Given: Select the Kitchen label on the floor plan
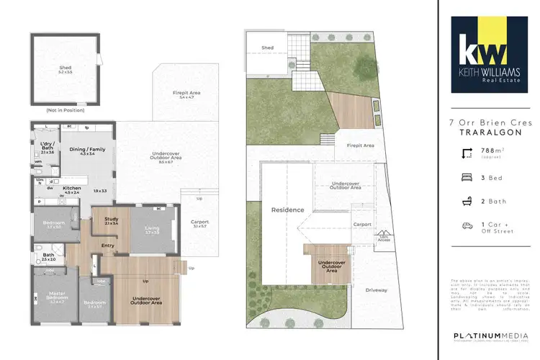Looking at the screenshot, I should click(72, 189).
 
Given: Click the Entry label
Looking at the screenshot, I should click(109, 246).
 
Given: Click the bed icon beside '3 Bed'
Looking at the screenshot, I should click(467, 176).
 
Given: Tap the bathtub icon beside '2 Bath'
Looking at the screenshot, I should click(467, 199).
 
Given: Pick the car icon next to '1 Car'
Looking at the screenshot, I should click(467, 225).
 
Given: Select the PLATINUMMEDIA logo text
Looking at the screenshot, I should click(485, 336).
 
